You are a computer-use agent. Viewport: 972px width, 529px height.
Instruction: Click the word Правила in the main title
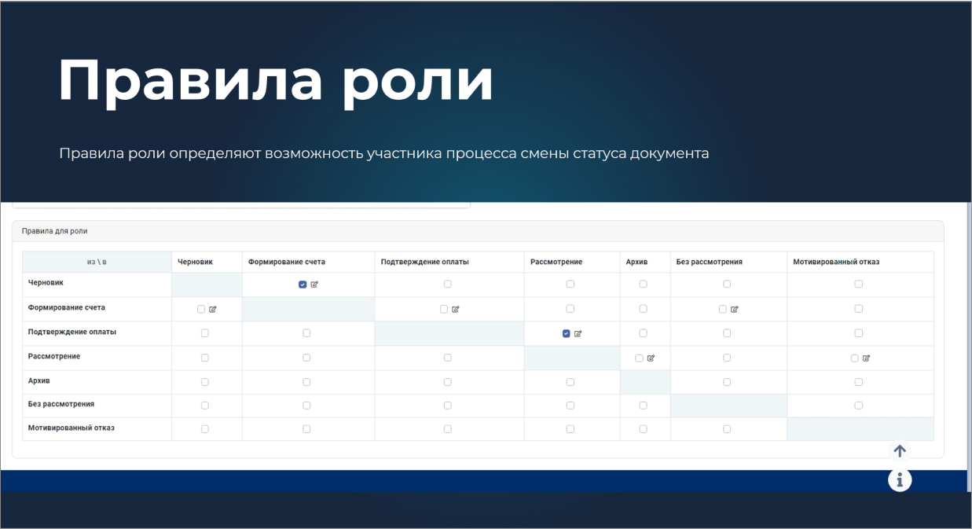[190, 80]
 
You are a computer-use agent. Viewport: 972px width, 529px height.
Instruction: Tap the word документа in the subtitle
[669, 154]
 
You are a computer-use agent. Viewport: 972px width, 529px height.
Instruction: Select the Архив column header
[636, 262]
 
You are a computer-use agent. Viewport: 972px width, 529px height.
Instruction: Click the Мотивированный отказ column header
[836, 262]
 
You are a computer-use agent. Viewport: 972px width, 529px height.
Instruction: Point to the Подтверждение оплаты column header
[425, 262]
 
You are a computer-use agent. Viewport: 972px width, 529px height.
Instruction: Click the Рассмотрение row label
[54, 356]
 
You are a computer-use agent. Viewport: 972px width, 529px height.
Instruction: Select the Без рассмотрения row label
[61, 404]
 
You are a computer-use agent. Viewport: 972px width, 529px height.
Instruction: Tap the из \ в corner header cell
[97, 262]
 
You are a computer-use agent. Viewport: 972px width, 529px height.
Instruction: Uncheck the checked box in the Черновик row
[303, 285]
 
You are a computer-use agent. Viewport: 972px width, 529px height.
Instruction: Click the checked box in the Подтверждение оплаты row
[567, 334]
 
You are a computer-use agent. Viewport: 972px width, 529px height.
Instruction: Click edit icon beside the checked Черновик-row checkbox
[314, 285]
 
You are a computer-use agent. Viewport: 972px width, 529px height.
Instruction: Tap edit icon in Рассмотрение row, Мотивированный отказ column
[867, 358]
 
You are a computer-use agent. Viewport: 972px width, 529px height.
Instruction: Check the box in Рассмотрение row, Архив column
[639, 358]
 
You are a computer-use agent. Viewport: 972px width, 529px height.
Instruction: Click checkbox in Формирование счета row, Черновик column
[201, 309]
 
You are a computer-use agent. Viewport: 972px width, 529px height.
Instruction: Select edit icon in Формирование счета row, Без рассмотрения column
[735, 309]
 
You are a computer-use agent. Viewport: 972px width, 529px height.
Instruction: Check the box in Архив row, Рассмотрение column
[570, 382]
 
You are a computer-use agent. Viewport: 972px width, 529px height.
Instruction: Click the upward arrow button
[900, 451]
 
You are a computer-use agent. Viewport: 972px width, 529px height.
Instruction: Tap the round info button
[900, 480]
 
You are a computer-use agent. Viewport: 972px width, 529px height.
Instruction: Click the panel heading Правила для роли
[55, 231]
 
